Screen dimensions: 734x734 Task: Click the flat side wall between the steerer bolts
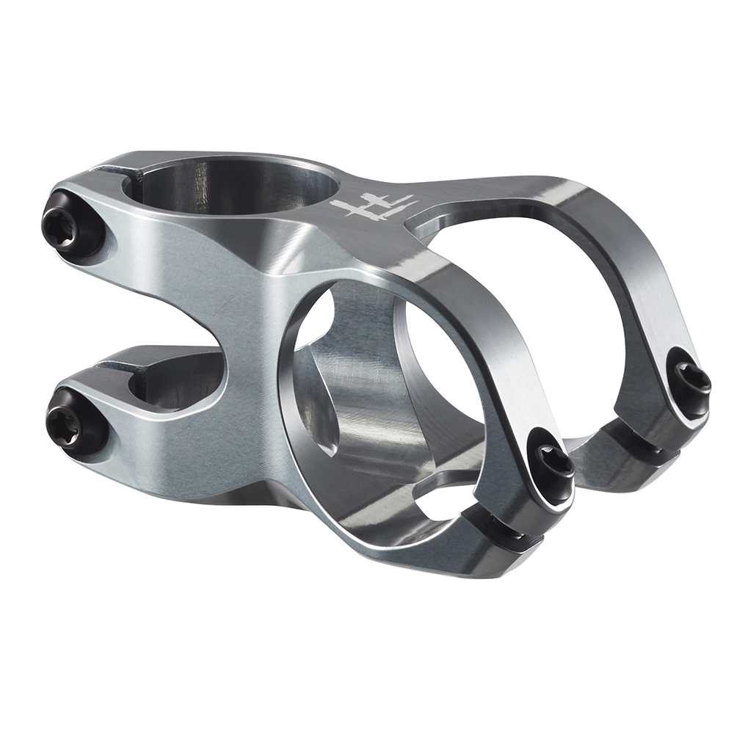pyautogui.click(x=169, y=294)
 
